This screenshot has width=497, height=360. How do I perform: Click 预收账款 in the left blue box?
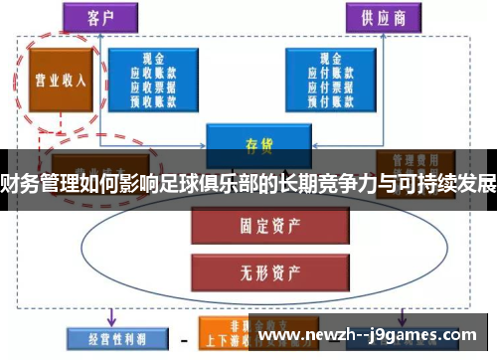[x=153, y=98]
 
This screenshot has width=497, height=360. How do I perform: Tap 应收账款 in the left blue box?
[x=153, y=73]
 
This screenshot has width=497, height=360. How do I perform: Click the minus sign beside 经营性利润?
[x=183, y=339]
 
